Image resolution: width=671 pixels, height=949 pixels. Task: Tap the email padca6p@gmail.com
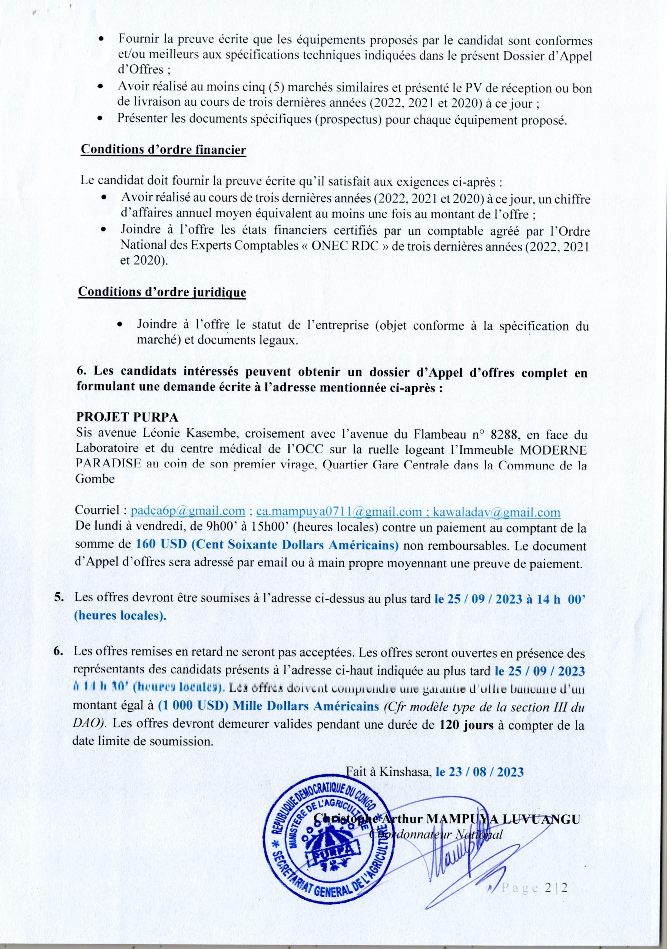[188, 512]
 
